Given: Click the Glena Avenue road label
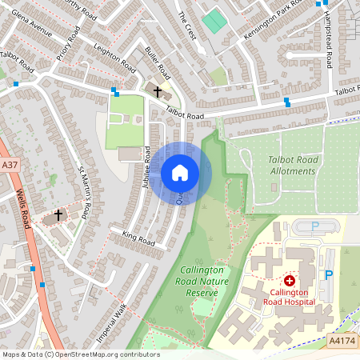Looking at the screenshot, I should click(26, 27).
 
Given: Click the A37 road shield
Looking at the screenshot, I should click(10, 166).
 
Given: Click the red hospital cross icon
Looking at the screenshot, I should click(289, 282).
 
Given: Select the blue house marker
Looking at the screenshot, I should click(180, 173).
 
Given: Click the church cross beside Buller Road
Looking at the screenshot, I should click(157, 93).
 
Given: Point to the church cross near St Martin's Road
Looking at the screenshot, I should click(58, 215).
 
